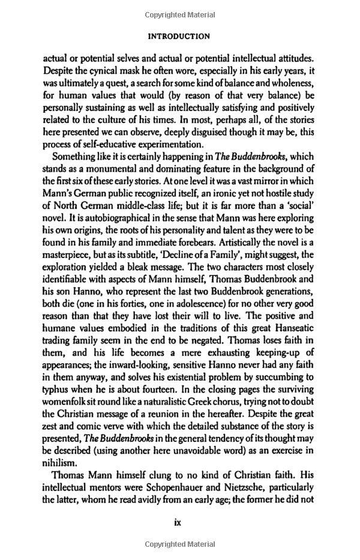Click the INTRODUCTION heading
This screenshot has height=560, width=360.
(x=179, y=36)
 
